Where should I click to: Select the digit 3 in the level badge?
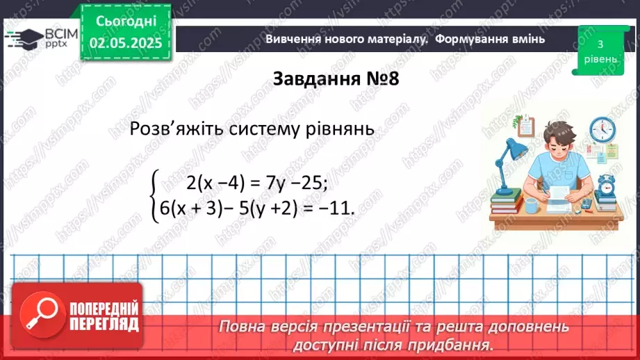598,44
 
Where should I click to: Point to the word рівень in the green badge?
598,59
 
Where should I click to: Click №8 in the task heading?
379,79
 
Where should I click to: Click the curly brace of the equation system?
155,195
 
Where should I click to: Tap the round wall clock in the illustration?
602,130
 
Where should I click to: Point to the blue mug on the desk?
531,206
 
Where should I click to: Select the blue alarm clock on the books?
607,183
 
